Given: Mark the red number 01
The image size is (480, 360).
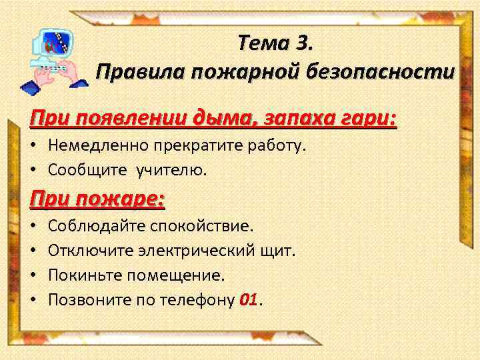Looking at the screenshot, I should click(x=247, y=300).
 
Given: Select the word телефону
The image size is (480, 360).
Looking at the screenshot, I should click(x=197, y=300).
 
